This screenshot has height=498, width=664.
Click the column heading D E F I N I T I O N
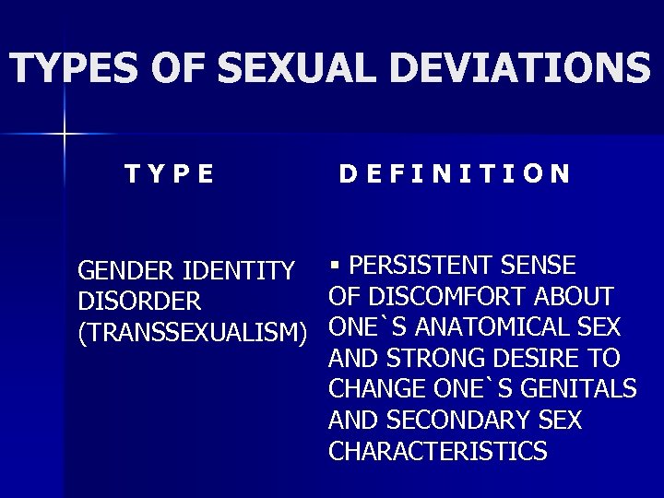[454, 173]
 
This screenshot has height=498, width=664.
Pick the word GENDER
[128, 271]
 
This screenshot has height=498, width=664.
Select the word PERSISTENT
[422, 267]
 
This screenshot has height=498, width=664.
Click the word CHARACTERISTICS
[438, 451]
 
